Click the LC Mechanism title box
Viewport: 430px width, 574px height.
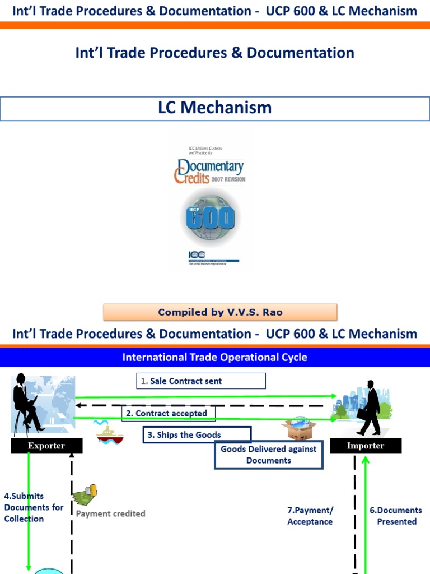click(215, 108)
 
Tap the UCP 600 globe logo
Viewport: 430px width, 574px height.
click(210, 217)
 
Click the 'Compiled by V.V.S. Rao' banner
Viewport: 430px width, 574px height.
click(220, 312)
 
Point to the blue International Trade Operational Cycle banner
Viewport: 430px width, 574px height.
click(215, 357)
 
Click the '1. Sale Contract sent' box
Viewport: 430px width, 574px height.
click(200, 381)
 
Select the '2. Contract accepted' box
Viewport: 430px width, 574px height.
click(169, 414)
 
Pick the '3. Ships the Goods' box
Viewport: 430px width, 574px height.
click(197, 435)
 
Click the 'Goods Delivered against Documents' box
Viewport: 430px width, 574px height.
click(269, 455)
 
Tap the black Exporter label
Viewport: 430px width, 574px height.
click(47, 446)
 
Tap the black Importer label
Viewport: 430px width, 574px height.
click(366, 446)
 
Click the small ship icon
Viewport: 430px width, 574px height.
click(109, 433)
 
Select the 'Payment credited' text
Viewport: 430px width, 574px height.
click(111, 513)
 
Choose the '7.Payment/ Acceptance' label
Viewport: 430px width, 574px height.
click(310, 516)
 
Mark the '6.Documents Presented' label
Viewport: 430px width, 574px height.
click(396, 516)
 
